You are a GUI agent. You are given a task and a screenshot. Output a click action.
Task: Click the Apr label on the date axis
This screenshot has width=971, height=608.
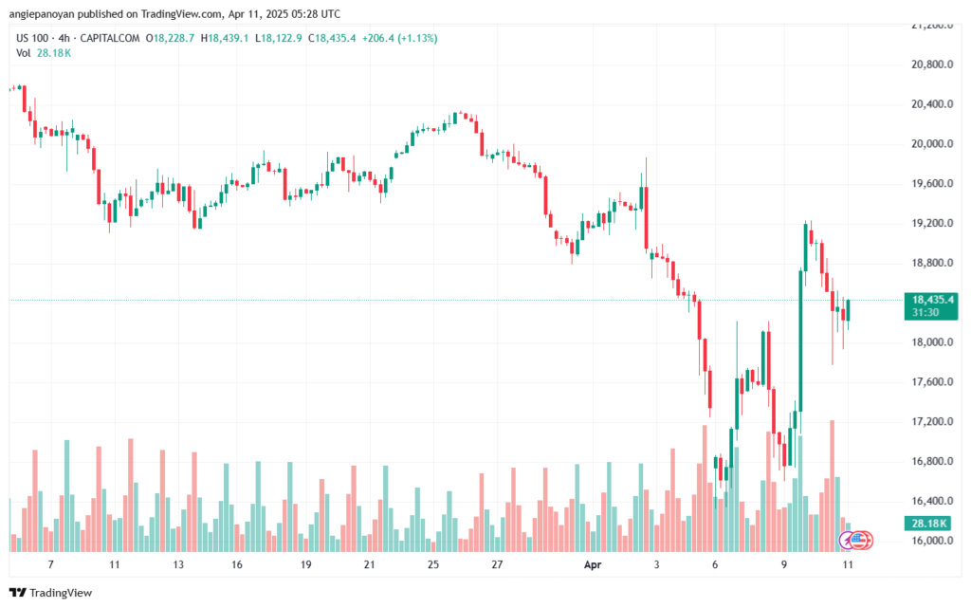coord(593,564)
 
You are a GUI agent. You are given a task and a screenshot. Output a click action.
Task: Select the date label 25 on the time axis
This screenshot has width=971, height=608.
coord(432,564)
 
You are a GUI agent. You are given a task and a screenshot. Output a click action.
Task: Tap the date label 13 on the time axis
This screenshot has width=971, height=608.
coord(176,564)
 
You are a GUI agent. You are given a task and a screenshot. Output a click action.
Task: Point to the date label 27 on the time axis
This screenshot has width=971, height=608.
coord(497,564)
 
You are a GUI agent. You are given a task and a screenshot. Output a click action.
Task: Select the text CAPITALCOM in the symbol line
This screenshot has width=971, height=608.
coord(112,38)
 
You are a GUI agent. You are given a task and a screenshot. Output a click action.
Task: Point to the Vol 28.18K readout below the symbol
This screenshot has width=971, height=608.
coord(44,53)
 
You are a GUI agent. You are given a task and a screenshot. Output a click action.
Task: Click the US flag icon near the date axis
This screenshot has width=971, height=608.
coord(859,541)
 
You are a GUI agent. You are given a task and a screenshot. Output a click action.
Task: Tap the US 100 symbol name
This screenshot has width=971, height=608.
coord(34,38)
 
